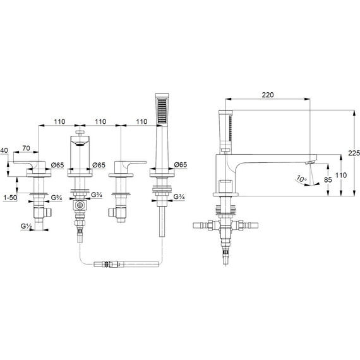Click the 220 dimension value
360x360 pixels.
(x=268, y=95)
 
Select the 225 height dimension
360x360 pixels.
(x=354, y=153)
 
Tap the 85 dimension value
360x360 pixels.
(x=328, y=180)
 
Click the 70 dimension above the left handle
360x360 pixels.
(x=26, y=148)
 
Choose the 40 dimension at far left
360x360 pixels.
(x=4, y=150)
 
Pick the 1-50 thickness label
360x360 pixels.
(x=10, y=198)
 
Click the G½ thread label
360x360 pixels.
(x=26, y=226)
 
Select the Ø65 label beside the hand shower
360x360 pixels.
(x=181, y=165)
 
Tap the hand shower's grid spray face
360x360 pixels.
(x=162, y=111)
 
